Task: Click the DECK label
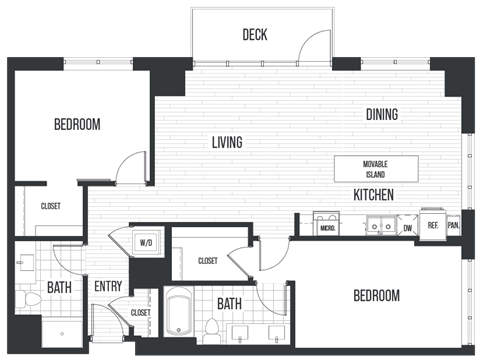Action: pyautogui.click(x=254, y=35)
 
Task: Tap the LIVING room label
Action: pyautogui.click(x=227, y=143)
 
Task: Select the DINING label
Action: pyautogui.click(x=381, y=114)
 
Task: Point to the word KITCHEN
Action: pyautogui.click(x=372, y=194)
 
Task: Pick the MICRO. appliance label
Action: pyautogui.click(x=326, y=228)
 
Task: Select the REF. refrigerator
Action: pyautogui.click(x=433, y=226)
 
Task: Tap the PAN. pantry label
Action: pyautogui.click(x=454, y=226)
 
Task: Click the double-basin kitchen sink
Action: pyautogui.click(x=379, y=226)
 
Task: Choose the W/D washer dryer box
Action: pyautogui.click(x=145, y=242)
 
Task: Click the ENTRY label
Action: pyautogui.click(x=107, y=287)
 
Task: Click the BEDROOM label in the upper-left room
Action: pyautogui.click(x=77, y=125)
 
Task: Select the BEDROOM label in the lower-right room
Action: pyautogui.click(x=376, y=296)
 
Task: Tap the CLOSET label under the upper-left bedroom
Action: pyautogui.click(x=50, y=206)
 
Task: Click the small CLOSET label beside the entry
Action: pyautogui.click(x=140, y=313)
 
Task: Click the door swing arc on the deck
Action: pyautogui.click(x=316, y=44)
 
